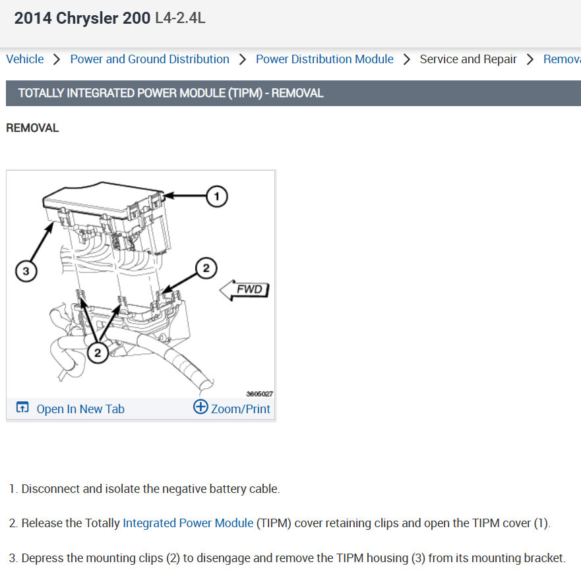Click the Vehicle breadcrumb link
25,59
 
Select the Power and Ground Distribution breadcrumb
150,59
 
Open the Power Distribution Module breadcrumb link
324,59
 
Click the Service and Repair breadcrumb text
468,59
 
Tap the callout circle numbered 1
217,196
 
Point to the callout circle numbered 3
26,271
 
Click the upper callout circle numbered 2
206,268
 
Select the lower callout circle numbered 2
98,352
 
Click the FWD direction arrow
244,290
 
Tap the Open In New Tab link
80,409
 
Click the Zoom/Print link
241,409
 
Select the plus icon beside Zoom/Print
200,407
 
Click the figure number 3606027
260,394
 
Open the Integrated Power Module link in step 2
188,523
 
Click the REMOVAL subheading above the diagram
32,128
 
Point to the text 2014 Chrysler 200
82,18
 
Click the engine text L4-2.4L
180,18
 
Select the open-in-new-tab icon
22,407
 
